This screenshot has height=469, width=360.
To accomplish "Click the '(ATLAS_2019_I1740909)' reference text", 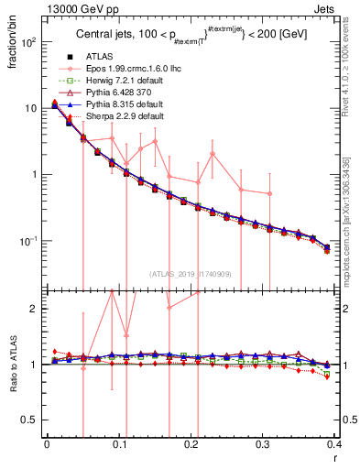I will [191, 274].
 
